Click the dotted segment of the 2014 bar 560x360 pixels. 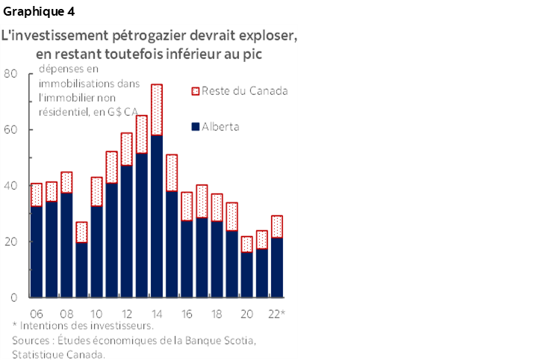pyautogui.click(x=157, y=110)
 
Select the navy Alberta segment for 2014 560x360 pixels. pyautogui.click(x=157, y=217)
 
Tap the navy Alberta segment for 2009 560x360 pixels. pyautogui.click(x=81, y=269)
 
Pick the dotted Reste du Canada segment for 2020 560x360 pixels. pyautogui.click(x=247, y=244)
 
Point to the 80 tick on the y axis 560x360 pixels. pyautogui.click(x=10, y=73)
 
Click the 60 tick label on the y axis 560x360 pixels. pyautogui.click(x=10, y=129)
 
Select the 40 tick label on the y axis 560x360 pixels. pyautogui.click(x=10, y=185)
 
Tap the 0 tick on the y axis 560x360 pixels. pyautogui.click(x=14, y=297)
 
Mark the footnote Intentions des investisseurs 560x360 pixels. pyautogui.click(x=87, y=326)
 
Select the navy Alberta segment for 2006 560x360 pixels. pyautogui.click(x=36, y=252)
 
